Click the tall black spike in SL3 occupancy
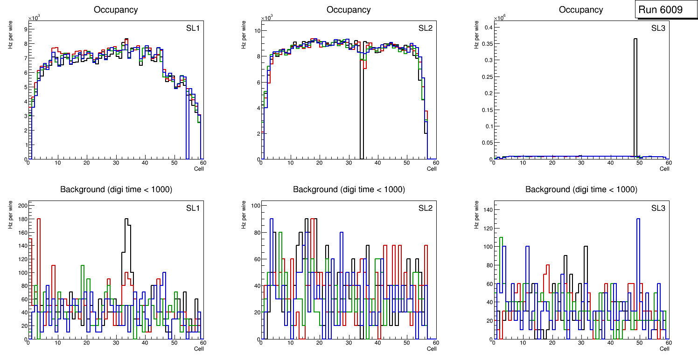(635, 93)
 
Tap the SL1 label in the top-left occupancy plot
(193, 28)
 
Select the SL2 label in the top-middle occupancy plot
(425, 28)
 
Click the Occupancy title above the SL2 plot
(349, 9)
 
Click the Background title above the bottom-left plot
(116, 189)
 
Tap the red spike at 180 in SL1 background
(39, 219)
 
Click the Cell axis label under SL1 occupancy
(199, 168)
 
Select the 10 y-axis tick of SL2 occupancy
(256, 31)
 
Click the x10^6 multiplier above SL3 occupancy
(501, 18)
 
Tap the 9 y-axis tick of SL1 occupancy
(25, 29)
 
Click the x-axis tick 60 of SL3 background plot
(668, 343)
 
